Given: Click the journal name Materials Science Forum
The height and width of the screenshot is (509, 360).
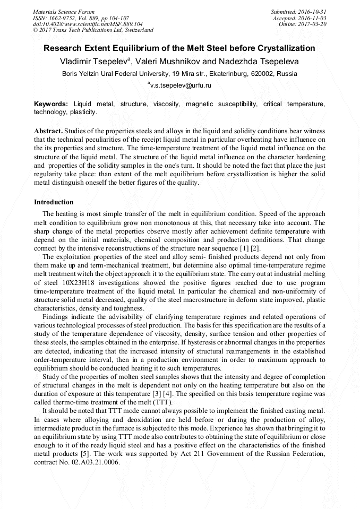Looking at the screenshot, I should pyautogui.click(x=64, y=12).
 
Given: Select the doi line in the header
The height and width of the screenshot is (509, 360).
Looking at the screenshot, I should pyautogui.click(x=88, y=24).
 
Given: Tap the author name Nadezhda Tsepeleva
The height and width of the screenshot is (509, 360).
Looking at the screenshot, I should pyautogui.click(x=260, y=62).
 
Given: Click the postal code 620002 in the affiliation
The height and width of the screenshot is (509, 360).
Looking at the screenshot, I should pyautogui.click(x=263, y=74).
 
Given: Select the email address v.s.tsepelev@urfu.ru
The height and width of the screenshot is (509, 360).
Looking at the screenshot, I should pyautogui.click(x=182, y=85).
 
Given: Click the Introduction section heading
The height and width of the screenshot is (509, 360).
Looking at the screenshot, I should pyautogui.click(x=54, y=202).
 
